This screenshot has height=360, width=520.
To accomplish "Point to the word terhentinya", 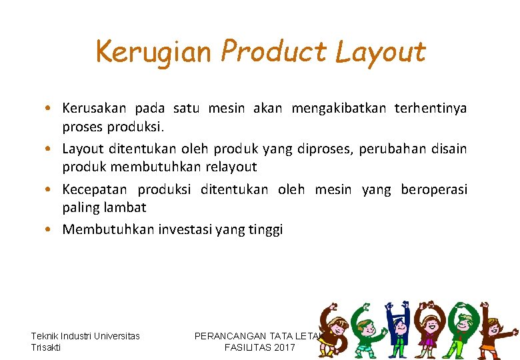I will (x=431, y=108).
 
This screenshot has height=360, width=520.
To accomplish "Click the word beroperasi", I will (x=434, y=189).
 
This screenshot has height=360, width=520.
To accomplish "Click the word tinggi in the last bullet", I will (x=266, y=230).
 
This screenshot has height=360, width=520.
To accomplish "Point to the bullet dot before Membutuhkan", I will (x=50, y=230).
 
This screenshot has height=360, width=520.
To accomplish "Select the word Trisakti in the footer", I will (x=46, y=347).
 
